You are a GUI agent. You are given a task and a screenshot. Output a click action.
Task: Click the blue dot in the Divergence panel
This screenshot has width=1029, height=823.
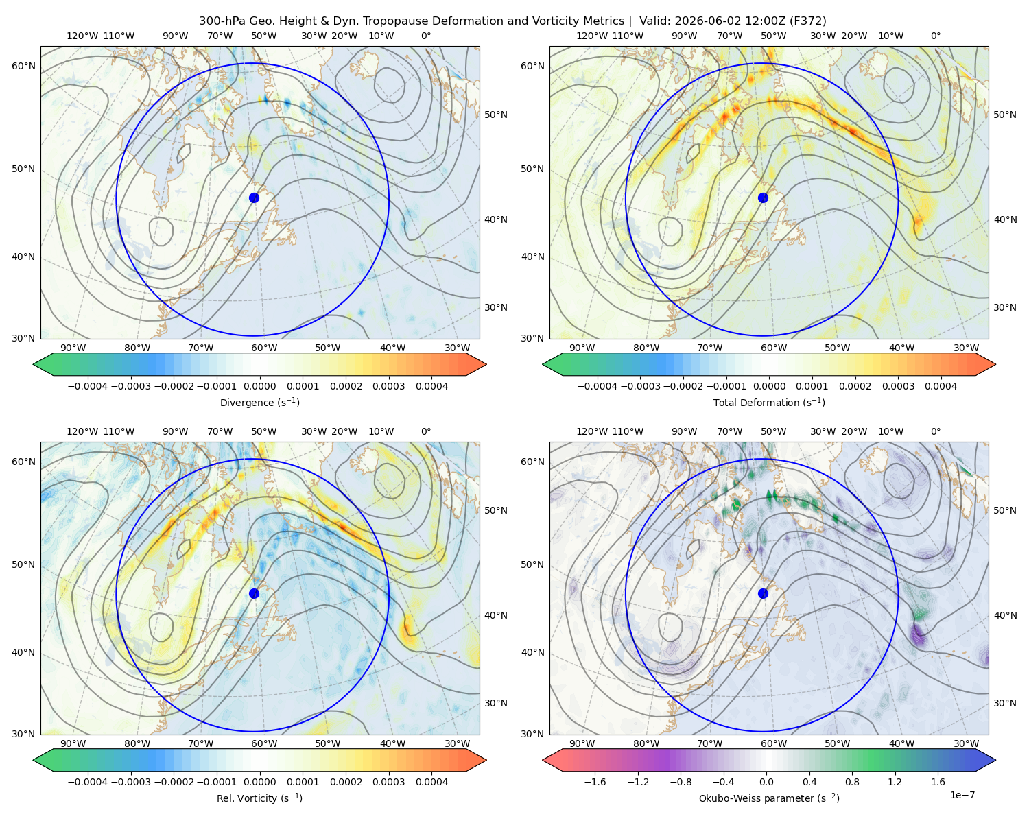click(254, 198)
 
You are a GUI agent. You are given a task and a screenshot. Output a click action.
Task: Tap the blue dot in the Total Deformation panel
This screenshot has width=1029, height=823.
click(763, 198)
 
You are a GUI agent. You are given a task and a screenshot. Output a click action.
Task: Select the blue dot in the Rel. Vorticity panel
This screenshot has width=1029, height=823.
click(254, 593)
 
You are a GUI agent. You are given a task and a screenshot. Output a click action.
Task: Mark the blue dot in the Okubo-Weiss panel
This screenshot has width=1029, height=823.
click(763, 593)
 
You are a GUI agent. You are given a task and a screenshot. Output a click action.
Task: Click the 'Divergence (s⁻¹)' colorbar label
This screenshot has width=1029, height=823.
click(259, 402)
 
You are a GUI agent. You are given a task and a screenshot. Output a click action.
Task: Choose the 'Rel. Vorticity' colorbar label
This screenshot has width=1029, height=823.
click(246, 798)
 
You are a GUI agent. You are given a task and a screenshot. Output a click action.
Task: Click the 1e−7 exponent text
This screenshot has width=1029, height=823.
click(962, 795)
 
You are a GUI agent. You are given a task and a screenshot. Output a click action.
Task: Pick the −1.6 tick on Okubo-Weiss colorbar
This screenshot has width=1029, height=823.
click(595, 782)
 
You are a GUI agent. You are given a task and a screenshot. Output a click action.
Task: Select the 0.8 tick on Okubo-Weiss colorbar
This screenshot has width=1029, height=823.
click(852, 782)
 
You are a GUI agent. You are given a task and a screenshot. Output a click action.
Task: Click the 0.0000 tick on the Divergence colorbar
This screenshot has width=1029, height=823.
click(259, 386)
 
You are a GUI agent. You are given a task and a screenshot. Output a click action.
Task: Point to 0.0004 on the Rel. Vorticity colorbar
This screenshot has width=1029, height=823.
click(431, 782)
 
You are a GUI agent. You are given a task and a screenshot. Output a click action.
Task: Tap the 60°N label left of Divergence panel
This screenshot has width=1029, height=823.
click(23, 66)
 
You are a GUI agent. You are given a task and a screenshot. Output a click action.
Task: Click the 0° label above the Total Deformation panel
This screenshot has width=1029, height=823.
click(935, 36)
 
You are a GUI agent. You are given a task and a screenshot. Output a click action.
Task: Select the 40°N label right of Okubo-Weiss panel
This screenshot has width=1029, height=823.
click(1005, 615)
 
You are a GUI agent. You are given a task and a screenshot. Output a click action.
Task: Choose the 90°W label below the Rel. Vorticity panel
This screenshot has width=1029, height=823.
click(73, 743)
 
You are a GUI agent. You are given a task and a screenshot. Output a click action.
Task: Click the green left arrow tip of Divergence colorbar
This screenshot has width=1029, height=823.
click(34, 364)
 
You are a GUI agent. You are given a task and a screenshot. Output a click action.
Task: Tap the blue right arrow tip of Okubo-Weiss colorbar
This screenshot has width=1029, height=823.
click(995, 760)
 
